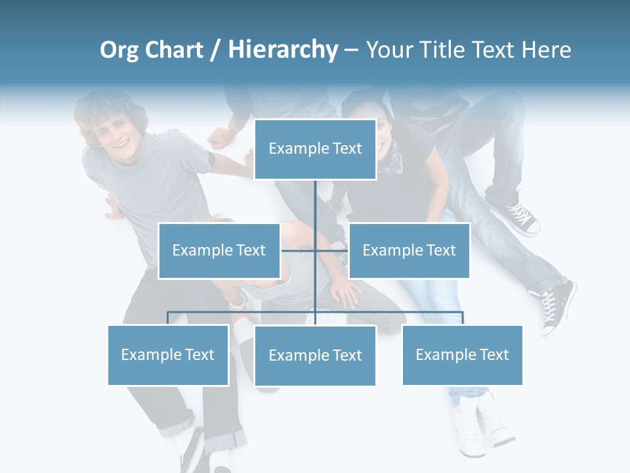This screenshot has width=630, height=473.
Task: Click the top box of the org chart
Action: coord(315,149)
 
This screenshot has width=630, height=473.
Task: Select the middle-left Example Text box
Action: coord(219,250)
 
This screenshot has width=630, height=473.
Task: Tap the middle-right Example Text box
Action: coord(409,250)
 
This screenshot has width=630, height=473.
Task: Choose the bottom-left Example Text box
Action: coord(168,355)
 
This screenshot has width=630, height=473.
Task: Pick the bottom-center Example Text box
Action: coord(315,355)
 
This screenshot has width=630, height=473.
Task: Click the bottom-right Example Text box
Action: coord(462,355)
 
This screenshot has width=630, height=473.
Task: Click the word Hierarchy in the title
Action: coord(283,49)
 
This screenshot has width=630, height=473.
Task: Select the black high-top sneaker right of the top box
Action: coord(518,214)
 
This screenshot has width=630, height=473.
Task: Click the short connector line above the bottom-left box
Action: coord(168,318)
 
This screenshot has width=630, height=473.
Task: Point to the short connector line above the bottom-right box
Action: coord(462,318)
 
